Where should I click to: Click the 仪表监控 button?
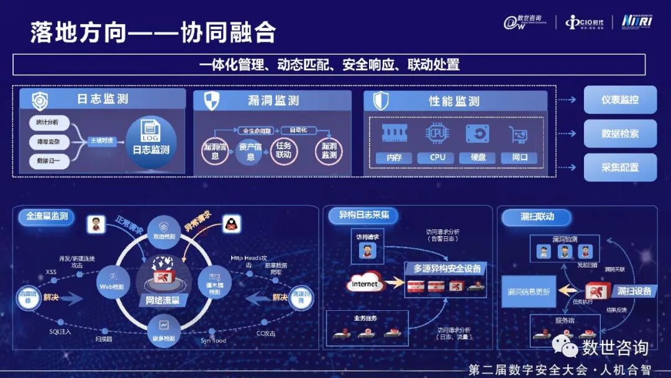619,99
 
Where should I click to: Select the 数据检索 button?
619,134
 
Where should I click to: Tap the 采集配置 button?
619,167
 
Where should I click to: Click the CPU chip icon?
437,134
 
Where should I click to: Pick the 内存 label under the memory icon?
394,158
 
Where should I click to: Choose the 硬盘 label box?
477,158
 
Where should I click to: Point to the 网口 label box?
519,158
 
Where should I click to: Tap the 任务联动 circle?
284,151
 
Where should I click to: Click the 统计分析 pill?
48,122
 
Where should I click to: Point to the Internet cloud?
365,284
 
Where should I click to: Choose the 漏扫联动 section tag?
537,216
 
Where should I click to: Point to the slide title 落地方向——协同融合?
153,32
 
